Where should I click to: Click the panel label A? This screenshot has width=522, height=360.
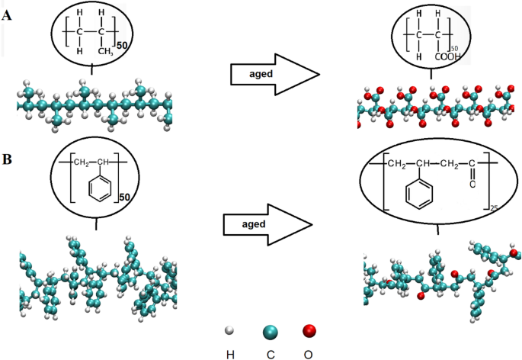[7, 13]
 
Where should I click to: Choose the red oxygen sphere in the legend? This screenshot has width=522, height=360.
[308, 331]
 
